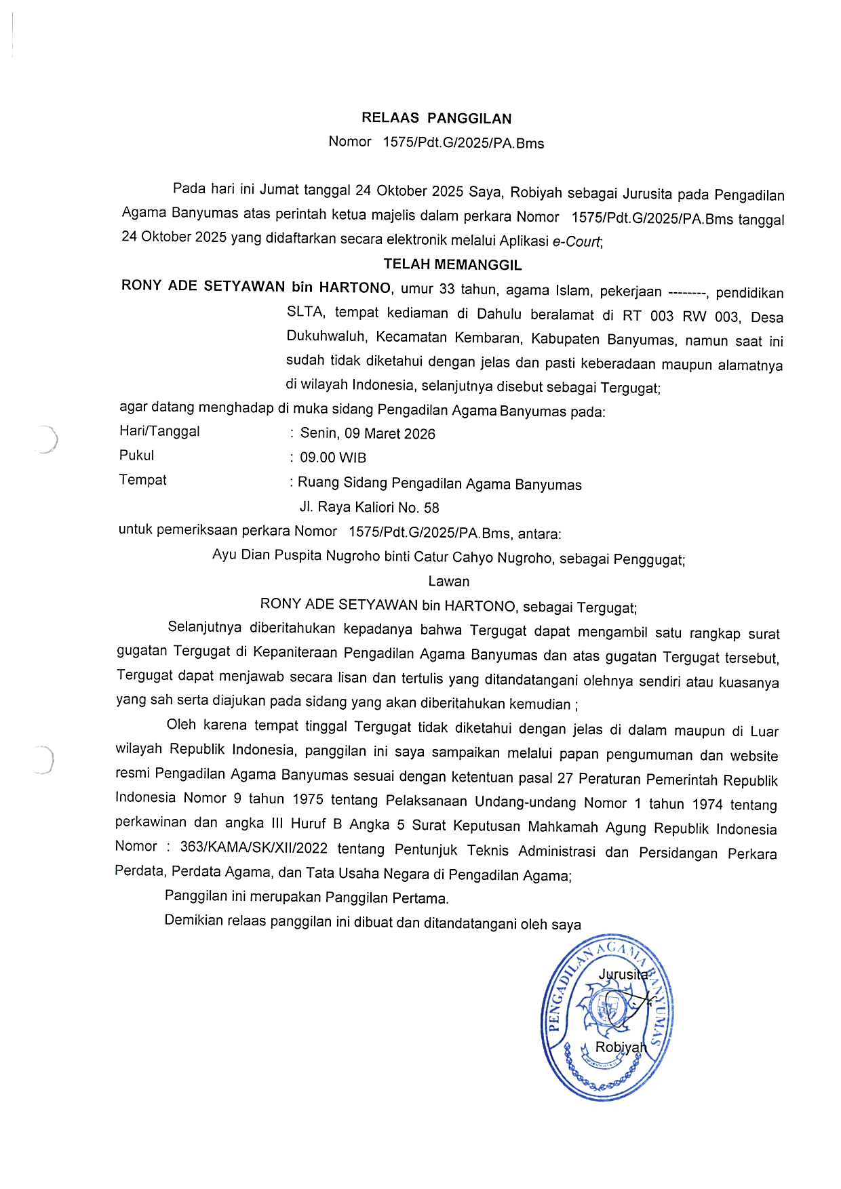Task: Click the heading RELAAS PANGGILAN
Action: coord(436,119)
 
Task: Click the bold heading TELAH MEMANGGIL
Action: coord(452,264)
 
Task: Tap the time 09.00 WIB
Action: coord(333,458)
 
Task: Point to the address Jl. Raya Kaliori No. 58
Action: coord(370,507)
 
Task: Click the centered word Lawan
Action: coord(448,582)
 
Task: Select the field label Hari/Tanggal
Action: coord(159,431)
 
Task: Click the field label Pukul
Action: coord(136,456)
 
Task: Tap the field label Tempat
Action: coord(142,480)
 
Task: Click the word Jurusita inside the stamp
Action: coord(623,975)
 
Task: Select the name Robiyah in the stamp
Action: coord(620,1047)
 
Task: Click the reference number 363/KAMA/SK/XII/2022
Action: coord(254,848)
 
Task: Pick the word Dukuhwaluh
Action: coord(326,336)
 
